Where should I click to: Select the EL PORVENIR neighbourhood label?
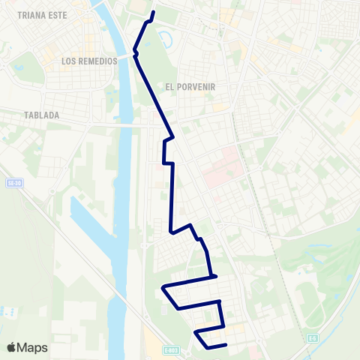pyautogui.click(x=190, y=87)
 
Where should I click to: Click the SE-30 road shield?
pyautogui.click(x=12, y=182)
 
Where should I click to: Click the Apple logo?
pyautogui.click(x=10, y=347)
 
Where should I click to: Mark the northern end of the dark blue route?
pyautogui.click(x=154, y=13)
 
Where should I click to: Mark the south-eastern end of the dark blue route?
pyautogui.click(x=226, y=345)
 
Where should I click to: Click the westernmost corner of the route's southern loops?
pyautogui.click(x=163, y=287)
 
